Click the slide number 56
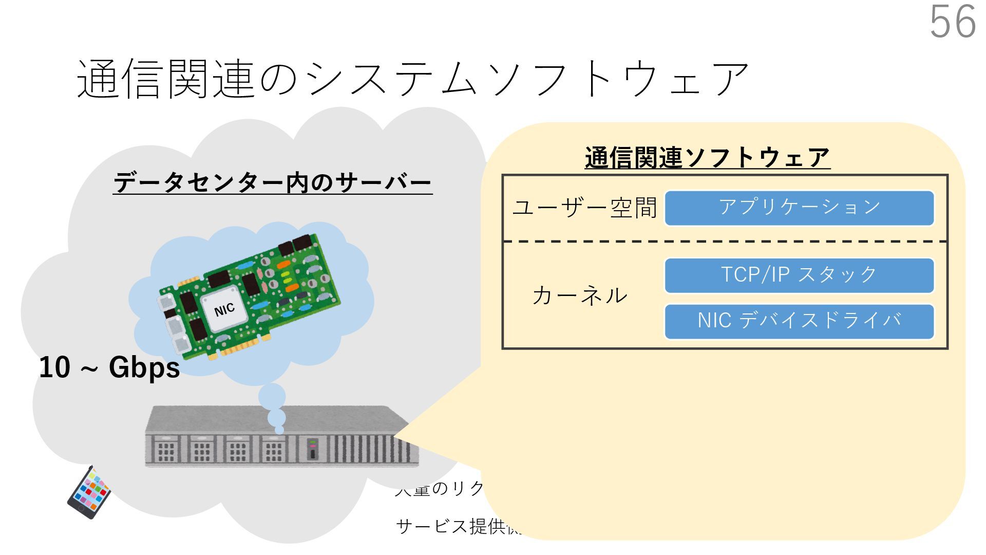click(953, 22)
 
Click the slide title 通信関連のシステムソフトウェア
click(413, 79)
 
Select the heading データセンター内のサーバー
click(272, 182)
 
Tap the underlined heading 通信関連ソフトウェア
click(707, 157)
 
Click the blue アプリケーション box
click(799, 208)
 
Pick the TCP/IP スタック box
click(799, 275)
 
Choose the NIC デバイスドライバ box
click(799, 321)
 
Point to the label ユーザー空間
click(584, 208)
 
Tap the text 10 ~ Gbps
click(109, 368)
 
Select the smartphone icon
click(89, 492)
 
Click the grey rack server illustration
click(281, 437)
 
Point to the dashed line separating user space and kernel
click(725, 242)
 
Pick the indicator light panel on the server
click(312, 449)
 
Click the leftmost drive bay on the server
click(166, 450)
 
